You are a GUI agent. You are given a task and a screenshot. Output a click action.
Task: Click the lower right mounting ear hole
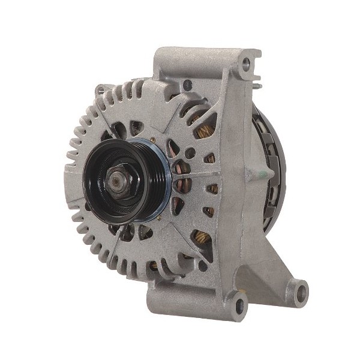click(x=299, y=293)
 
